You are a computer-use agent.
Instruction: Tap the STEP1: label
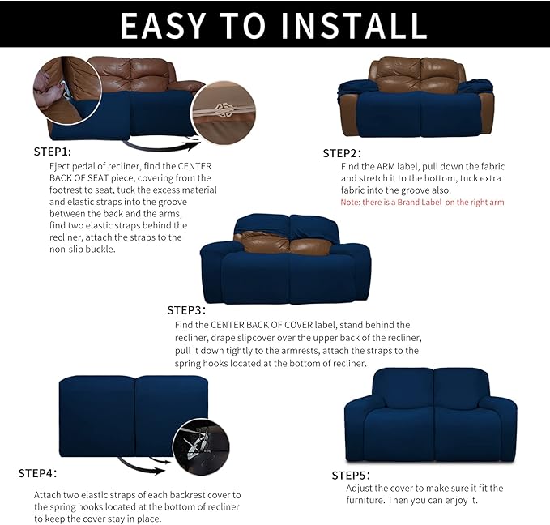click(53, 152)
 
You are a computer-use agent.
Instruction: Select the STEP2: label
click(342, 153)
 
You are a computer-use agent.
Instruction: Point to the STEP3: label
click(186, 310)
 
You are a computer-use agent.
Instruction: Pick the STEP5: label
click(351, 475)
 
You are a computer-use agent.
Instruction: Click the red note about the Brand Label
click(422, 202)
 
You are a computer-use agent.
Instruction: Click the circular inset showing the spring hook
click(201, 446)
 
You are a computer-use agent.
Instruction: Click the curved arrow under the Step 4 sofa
click(143, 464)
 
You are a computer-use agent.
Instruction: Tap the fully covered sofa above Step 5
click(430, 415)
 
